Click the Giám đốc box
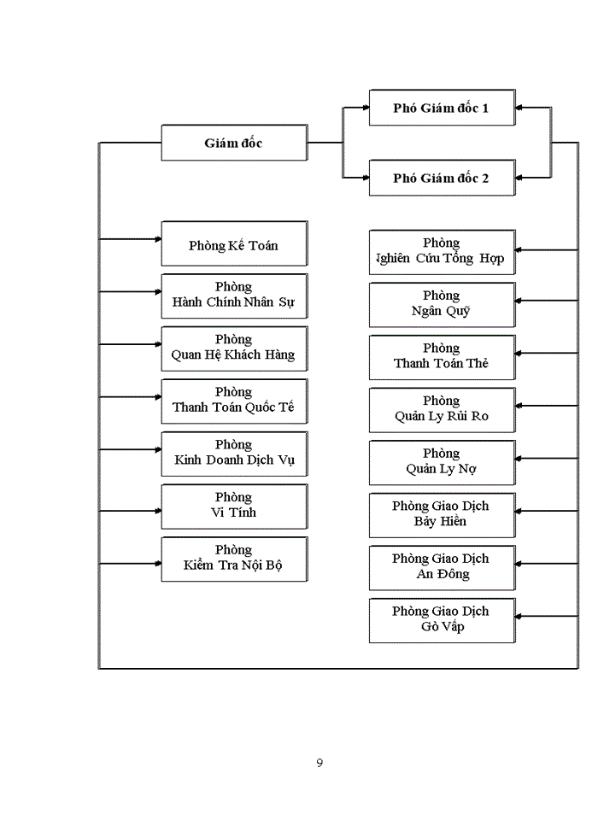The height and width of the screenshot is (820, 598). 233,143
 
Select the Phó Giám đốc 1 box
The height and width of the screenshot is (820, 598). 442,108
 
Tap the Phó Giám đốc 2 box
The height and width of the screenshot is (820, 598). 442,178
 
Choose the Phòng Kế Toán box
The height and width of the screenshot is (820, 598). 233,244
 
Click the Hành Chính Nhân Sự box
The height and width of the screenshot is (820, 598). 233,296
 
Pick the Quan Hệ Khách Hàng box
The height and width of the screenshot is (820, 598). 233,348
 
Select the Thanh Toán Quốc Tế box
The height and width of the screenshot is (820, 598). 233,400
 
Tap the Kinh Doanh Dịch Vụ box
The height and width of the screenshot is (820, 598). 233,453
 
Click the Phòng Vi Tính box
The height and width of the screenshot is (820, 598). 233,506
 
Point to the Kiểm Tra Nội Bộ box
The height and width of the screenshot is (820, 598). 233,558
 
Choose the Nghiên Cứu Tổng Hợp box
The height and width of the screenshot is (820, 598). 442,251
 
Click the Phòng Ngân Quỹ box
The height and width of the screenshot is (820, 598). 442,304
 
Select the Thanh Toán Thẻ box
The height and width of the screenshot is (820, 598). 442,356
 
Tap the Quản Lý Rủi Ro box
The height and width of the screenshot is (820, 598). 442,409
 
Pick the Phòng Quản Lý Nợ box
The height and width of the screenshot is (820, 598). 442,462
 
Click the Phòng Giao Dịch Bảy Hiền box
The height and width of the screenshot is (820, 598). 442,514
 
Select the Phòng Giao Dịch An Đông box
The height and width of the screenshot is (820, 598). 442,567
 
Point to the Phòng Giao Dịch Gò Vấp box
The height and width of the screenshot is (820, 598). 442,620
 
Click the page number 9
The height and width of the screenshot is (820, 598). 320,763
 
